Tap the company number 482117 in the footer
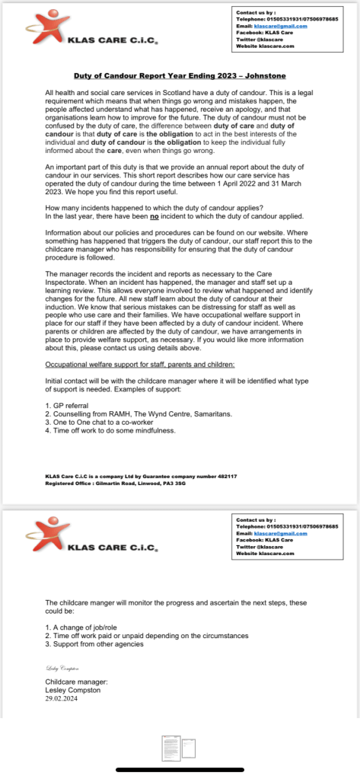tap(228, 475)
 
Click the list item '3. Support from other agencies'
tap(94, 644)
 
